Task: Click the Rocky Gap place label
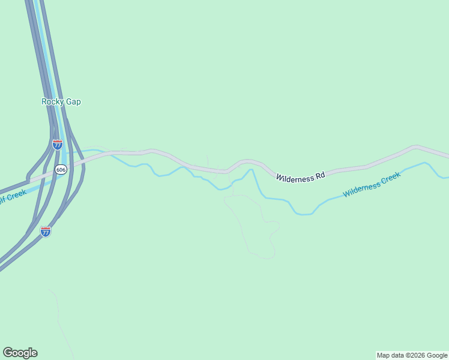[61, 102]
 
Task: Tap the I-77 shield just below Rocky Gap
[57, 145]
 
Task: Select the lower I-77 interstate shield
[46, 231]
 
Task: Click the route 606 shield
[61, 170]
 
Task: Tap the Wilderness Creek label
[372, 184]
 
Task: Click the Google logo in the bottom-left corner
[20, 353]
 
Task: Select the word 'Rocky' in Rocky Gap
[52, 102]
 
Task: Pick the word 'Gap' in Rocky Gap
[73, 102]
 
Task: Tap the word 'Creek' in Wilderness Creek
[390, 179]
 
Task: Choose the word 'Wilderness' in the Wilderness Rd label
[295, 177]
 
